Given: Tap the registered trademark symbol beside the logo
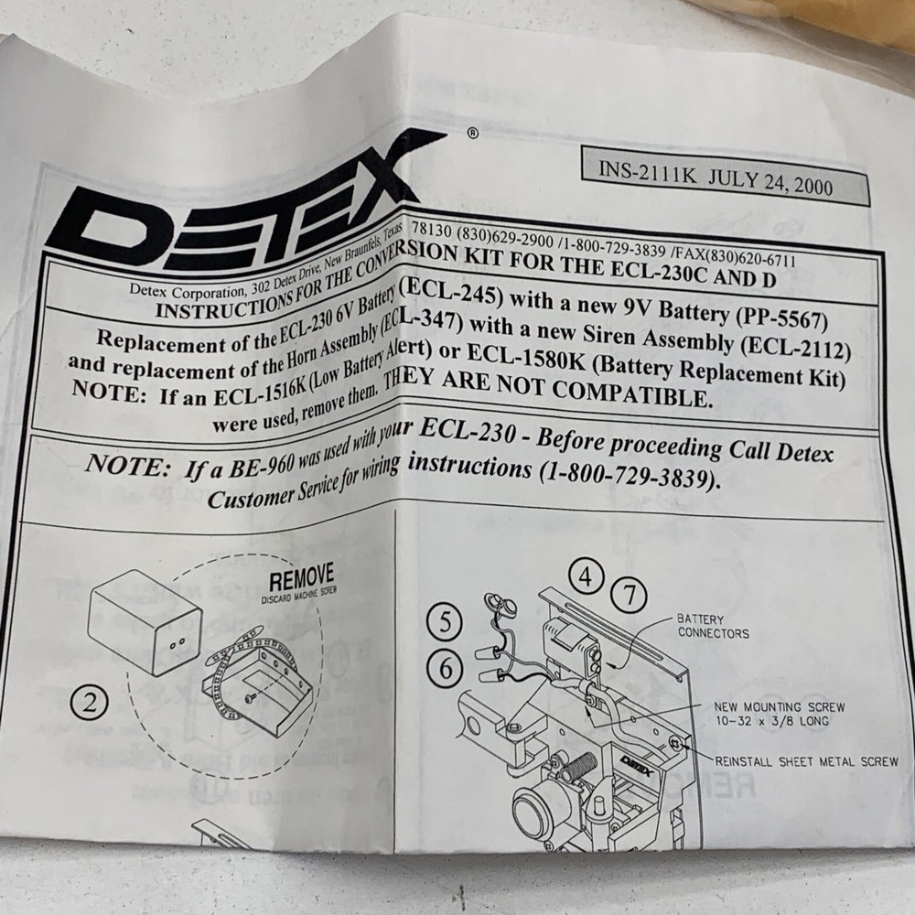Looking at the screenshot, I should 471,133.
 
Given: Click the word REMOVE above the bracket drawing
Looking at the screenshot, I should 301,580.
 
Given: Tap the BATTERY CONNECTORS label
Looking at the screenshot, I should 713,627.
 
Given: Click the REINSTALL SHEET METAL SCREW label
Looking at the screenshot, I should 806,761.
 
